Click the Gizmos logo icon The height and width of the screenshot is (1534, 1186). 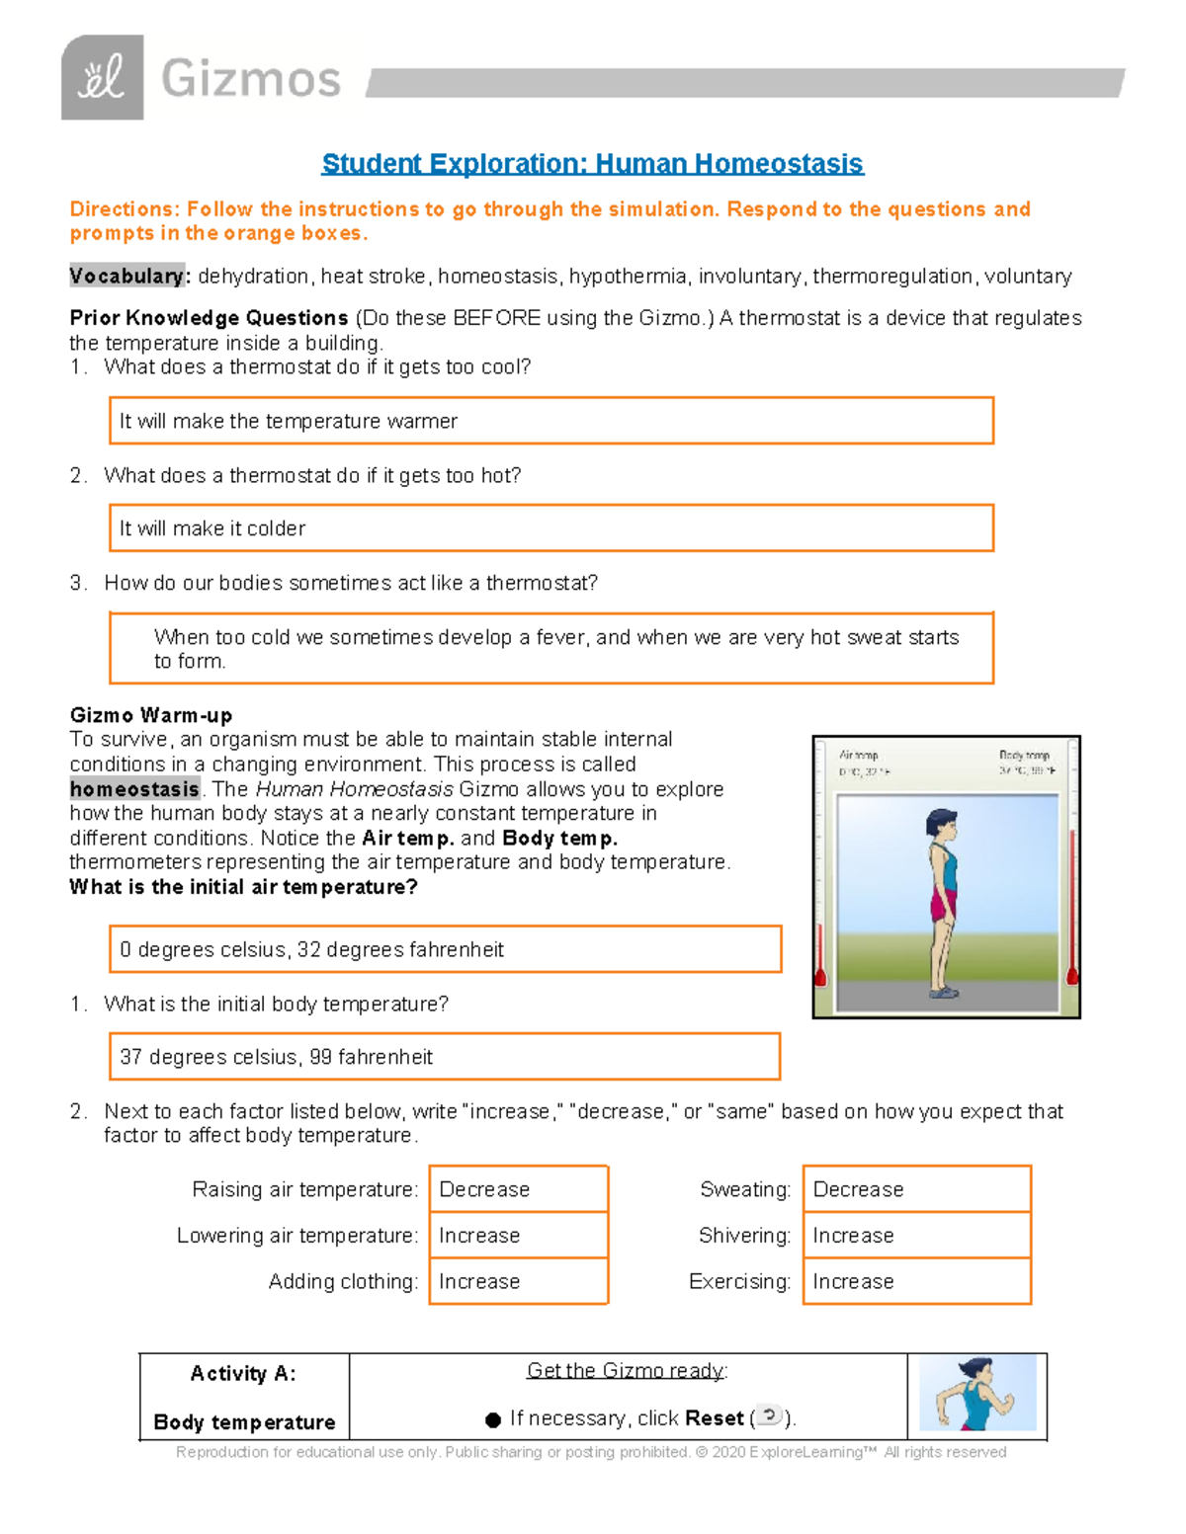coord(103,78)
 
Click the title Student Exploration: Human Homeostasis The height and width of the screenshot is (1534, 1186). coord(593,164)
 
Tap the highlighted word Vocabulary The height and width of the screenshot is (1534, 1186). coord(127,277)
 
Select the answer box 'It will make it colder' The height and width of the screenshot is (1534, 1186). coord(551,528)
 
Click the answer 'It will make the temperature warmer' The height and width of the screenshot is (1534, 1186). coord(551,421)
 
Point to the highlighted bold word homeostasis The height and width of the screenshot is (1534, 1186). coord(135,789)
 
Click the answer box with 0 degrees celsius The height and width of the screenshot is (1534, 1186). coord(445,949)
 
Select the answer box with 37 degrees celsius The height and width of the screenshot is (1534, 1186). coord(445,1057)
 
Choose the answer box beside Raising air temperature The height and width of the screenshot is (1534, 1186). coord(519,1189)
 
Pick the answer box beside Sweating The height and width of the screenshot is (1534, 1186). coord(916,1189)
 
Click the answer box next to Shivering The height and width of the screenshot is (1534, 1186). coord(916,1236)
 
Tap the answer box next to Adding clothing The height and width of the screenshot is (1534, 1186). coord(519,1281)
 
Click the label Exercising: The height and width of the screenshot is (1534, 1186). coord(739,1282)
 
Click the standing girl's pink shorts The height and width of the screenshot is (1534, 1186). coord(943,904)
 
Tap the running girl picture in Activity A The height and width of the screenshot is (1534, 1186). coord(976,1394)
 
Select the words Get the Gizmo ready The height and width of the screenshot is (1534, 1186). coord(626,1371)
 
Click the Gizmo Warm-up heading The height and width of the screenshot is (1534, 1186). coord(151,715)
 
